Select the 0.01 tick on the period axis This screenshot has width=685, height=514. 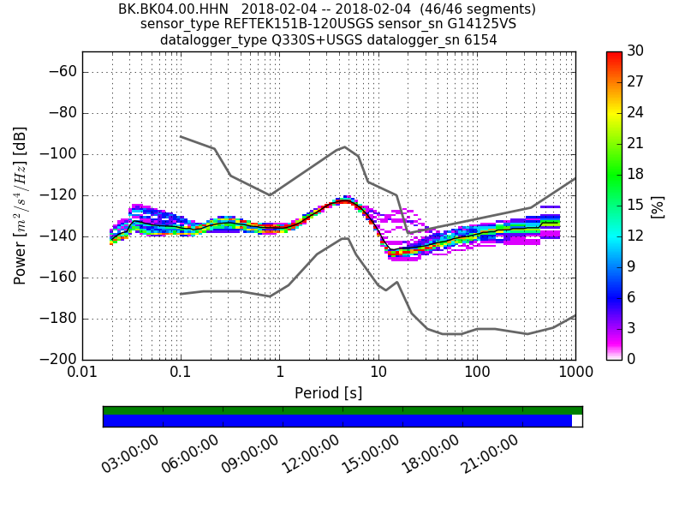(82, 373)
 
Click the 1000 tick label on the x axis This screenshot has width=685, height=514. (575, 373)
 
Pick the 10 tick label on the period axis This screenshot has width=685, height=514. (378, 373)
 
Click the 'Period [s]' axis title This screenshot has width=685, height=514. (328, 393)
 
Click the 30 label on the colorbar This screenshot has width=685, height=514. (635, 51)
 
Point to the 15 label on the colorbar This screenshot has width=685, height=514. (635, 205)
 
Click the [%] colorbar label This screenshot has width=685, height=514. (658, 206)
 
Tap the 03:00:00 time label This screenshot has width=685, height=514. (130, 454)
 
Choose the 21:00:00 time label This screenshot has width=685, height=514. (490, 454)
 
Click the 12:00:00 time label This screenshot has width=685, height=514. (310, 454)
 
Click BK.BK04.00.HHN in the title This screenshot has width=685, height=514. (173, 9)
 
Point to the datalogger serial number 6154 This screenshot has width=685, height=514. (479, 40)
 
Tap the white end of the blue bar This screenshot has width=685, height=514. (577, 421)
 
